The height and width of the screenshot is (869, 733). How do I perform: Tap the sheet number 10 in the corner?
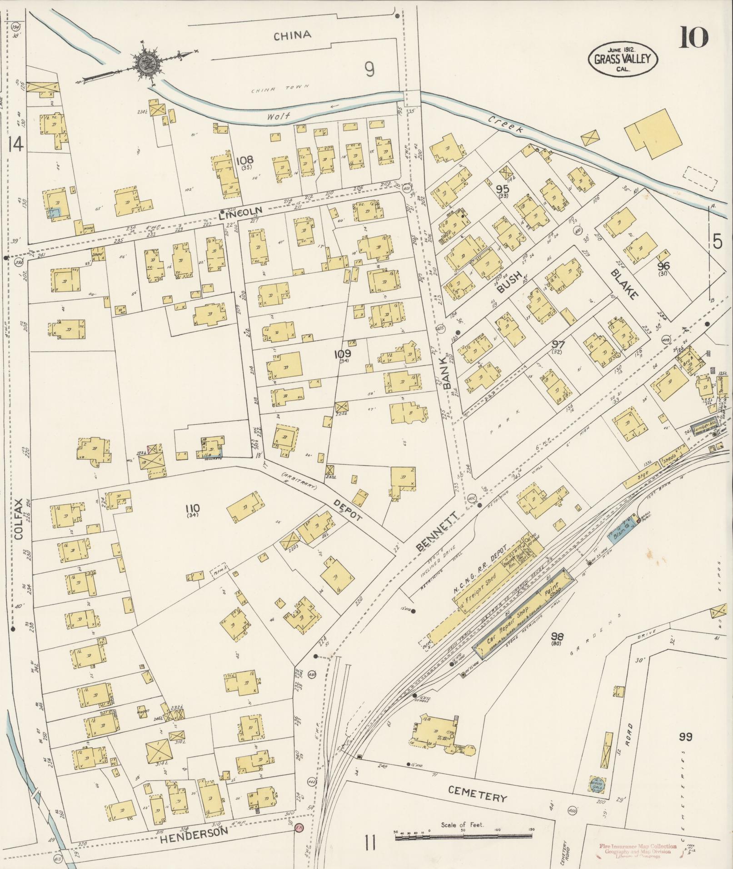[x=694, y=38]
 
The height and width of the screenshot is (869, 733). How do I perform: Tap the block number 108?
[x=244, y=160]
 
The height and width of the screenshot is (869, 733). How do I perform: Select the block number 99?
[x=685, y=737]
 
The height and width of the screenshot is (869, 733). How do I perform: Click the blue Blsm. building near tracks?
[x=622, y=526]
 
